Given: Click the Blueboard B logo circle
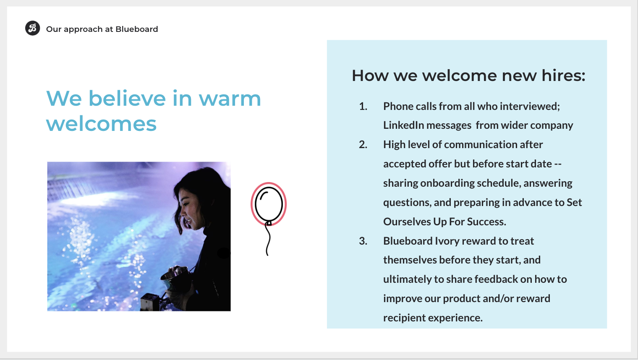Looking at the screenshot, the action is [32, 28].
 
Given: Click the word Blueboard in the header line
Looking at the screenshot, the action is [137, 29].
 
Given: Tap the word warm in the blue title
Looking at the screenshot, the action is [230, 99].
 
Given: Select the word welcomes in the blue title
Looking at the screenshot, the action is [102, 124].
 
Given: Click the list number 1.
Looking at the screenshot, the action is [363, 106].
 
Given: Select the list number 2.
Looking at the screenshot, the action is [363, 144].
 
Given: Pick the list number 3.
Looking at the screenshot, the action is [363, 241].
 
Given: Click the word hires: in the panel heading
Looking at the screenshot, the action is [563, 76].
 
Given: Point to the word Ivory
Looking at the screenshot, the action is [447, 241].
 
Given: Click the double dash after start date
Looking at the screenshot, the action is [558, 164].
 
